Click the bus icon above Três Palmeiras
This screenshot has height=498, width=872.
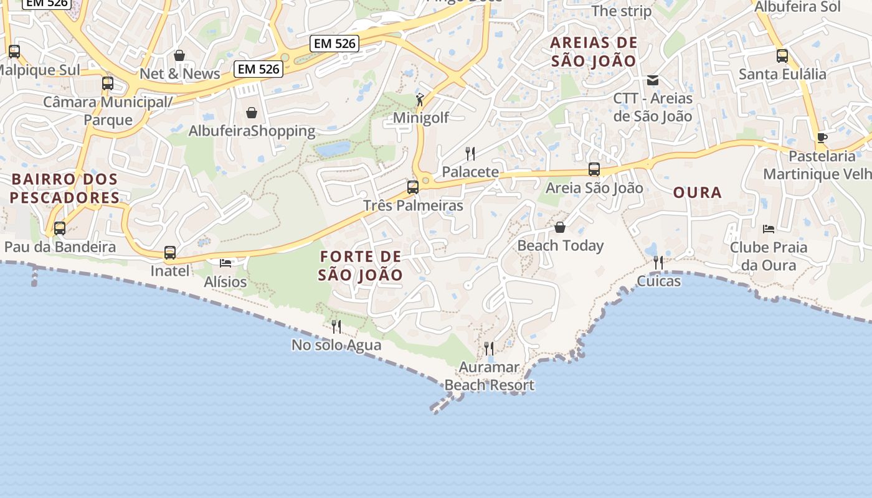click(412, 187)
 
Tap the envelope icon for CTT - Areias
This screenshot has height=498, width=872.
click(653, 80)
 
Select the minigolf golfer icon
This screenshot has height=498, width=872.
click(421, 99)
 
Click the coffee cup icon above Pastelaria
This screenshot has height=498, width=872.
click(822, 138)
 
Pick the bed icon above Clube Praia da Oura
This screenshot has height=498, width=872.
click(769, 228)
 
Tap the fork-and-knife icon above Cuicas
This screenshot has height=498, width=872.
click(658, 263)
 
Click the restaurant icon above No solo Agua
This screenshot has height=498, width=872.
click(336, 326)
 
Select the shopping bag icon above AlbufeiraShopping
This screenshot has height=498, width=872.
click(252, 113)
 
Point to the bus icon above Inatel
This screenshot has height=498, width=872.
click(170, 253)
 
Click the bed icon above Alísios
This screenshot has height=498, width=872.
click(225, 263)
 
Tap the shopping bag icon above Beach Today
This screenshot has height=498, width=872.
click(560, 227)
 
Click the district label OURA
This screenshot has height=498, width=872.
click(698, 193)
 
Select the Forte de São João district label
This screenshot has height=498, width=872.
click(361, 265)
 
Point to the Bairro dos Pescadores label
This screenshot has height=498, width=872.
click(65, 189)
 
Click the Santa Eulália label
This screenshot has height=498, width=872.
click(782, 74)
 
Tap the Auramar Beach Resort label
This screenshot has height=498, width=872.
click(490, 377)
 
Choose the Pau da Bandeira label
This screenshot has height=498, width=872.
click(60, 247)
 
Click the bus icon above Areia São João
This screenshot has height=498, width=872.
click(594, 169)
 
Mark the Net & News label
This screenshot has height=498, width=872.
click(179, 73)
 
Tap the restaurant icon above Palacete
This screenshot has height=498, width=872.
click(470, 153)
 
